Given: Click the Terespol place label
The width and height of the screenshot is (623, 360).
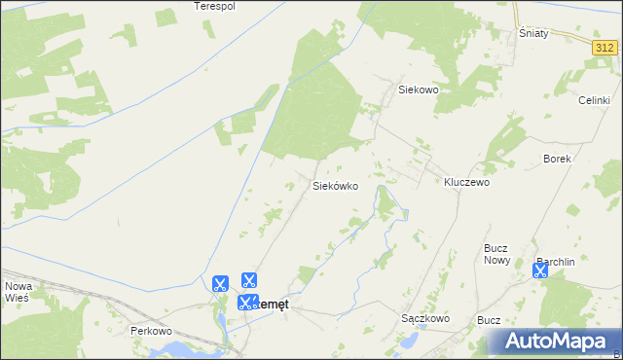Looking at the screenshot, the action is (215, 6).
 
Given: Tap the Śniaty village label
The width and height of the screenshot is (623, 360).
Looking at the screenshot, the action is (533, 33).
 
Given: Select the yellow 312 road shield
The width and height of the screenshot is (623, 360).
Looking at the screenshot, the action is (605, 47).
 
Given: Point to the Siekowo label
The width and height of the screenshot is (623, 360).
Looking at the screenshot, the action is (420, 89).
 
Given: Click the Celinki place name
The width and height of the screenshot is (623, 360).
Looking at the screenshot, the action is (594, 100).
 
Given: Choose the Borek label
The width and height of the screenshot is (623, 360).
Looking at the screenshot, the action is (557, 158).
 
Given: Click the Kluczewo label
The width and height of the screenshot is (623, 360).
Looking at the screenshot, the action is (466, 182).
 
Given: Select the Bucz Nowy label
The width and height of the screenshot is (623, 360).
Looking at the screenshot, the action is (497, 254).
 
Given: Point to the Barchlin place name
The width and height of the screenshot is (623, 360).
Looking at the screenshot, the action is (556, 261).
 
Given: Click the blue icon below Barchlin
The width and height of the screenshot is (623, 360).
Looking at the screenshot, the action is (540, 271).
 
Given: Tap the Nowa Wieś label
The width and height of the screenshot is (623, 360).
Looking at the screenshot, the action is (18, 292).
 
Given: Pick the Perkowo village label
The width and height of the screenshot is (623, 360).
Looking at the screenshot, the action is (151, 331).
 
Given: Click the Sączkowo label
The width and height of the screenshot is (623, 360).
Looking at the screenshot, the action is (424, 318).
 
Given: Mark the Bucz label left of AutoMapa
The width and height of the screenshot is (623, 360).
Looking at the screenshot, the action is (489, 319).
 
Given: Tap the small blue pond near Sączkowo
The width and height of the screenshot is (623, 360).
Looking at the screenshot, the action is (413, 342).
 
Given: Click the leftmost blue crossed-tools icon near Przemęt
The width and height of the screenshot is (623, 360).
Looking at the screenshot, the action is (220, 284).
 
